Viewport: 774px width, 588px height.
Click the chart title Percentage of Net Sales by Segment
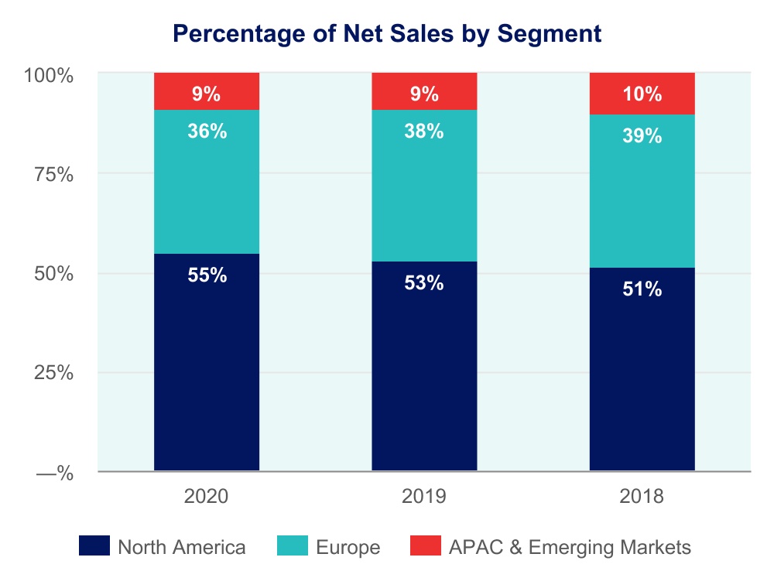tap(386, 33)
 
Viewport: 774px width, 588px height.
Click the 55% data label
tap(207, 275)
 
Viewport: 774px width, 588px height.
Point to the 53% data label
tap(424, 283)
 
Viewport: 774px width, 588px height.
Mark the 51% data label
tap(642, 289)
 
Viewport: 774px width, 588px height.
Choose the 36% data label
tap(207, 132)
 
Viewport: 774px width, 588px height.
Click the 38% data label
tap(424, 132)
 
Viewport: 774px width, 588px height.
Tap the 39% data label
tap(642, 136)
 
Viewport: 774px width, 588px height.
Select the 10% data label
tap(642, 94)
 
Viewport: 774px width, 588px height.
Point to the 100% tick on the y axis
tap(49, 76)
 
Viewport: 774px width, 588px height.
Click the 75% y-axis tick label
tap(53, 175)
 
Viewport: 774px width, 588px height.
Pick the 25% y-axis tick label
tap(53, 373)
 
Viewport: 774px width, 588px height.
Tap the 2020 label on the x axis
tap(207, 496)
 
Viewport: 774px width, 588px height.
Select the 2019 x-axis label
tap(424, 496)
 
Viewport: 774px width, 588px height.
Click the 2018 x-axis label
tap(642, 496)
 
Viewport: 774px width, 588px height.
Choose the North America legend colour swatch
tap(94, 547)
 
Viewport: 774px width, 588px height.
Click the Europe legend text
tap(348, 548)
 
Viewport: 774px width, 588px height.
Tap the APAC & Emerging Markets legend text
tap(570, 548)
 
